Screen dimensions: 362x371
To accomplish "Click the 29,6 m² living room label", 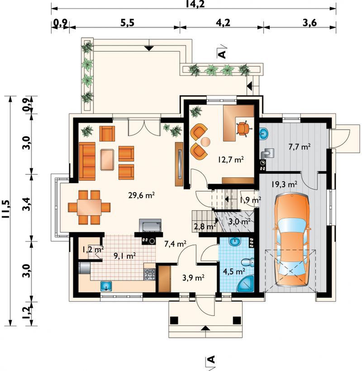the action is pyautogui.click(x=142, y=195).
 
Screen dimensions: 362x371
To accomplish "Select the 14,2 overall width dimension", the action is pyautogui.click(x=195, y=4).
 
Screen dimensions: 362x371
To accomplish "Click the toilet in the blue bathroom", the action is pyautogui.click(x=248, y=262).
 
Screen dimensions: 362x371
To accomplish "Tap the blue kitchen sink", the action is pyautogui.click(x=106, y=286).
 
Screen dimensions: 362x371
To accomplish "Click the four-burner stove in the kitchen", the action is pyautogui.click(x=149, y=275).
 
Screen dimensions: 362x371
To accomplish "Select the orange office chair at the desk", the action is pyautogui.click(x=243, y=128).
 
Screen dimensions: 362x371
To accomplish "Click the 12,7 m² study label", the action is pyautogui.click(x=231, y=160).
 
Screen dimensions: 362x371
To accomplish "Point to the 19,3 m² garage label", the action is pyautogui.click(x=284, y=184).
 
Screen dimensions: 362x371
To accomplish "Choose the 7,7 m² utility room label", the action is pyautogui.click(x=300, y=147).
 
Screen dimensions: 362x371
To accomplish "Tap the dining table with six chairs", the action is pyautogui.click(x=89, y=207).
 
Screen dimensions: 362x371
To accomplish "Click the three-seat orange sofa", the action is pyautogui.click(x=87, y=161).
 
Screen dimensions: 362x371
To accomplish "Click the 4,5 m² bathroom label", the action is pyautogui.click(x=234, y=271).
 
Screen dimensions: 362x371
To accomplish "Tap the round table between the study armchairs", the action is pyautogui.click(x=205, y=142).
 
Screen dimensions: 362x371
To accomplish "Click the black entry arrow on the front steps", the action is pyautogui.click(x=205, y=328).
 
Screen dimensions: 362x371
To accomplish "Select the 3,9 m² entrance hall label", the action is pyautogui.click(x=194, y=277).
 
